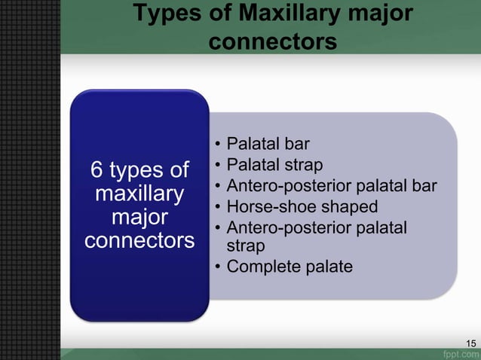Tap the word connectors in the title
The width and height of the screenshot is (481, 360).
tap(272, 42)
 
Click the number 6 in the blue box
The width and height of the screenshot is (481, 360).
tap(97, 170)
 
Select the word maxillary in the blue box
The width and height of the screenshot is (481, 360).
tap(139, 194)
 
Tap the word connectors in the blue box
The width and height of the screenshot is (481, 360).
tap(139, 242)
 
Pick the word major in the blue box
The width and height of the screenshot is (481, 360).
tap(139, 218)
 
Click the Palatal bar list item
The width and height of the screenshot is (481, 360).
tap(268, 144)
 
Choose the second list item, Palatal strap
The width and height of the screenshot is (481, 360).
tap(275, 164)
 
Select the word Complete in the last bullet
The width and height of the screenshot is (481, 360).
tap(261, 267)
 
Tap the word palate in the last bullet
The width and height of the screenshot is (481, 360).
tap(326, 267)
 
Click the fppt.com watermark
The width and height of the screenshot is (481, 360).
tap(461, 352)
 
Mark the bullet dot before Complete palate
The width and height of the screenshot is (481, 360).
tap(217, 267)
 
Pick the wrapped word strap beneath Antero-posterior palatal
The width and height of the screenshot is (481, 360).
tap(245, 246)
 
